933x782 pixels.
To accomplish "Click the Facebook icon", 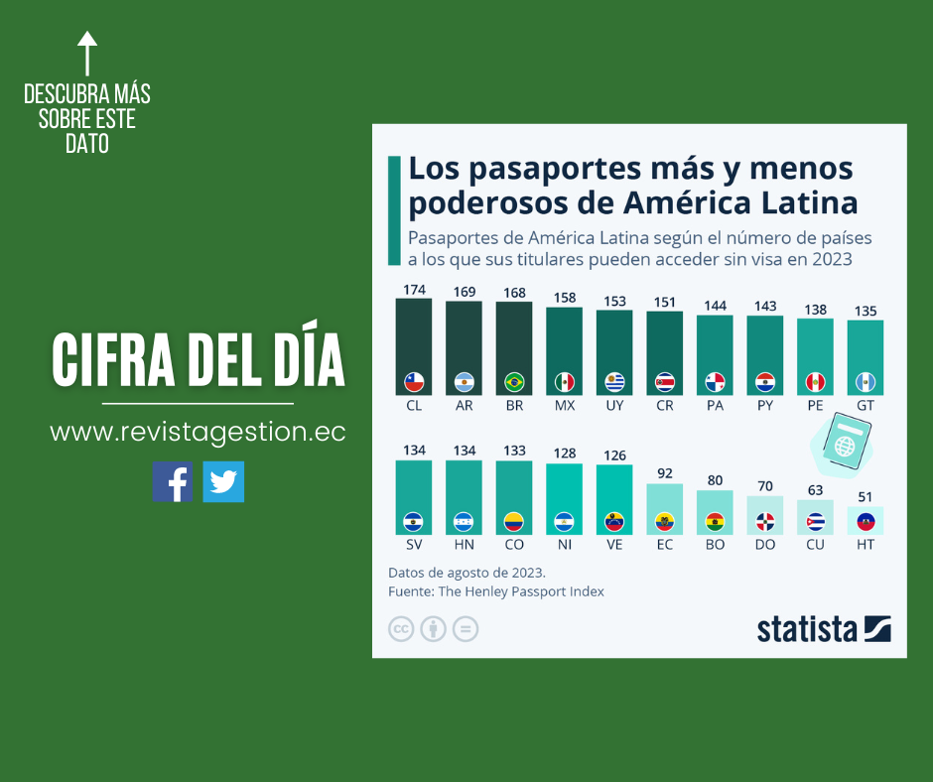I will [x=172, y=481].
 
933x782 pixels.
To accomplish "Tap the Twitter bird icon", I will [x=223, y=481].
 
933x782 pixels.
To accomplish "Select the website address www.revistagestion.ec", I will [x=198, y=433].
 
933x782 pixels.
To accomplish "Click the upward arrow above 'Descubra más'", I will [x=87, y=53].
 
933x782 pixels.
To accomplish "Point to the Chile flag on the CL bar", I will [x=414, y=381].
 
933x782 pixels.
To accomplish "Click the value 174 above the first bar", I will [x=414, y=290].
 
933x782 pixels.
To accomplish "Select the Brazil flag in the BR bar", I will [x=514, y=381].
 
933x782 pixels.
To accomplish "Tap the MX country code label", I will [x=565, y=406].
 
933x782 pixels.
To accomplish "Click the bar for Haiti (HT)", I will [x=865, y=521].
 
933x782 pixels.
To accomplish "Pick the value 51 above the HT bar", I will [x=865, y=497].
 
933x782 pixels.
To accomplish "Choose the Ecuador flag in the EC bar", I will [x=664, y=521].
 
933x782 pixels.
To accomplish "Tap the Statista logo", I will [x=823, y=629].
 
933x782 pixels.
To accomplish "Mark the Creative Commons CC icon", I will [x=401, y=629].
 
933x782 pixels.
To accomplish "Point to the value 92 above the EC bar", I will [x=664, y=474].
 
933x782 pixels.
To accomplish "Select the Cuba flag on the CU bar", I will [x=815, y=521].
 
